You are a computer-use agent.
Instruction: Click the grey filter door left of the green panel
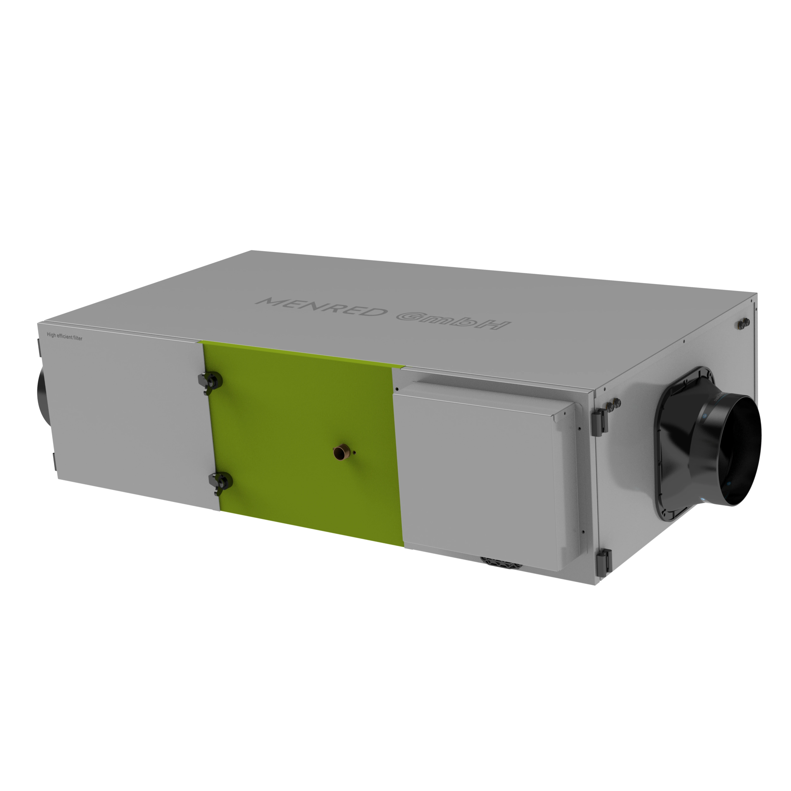point(127,414)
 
